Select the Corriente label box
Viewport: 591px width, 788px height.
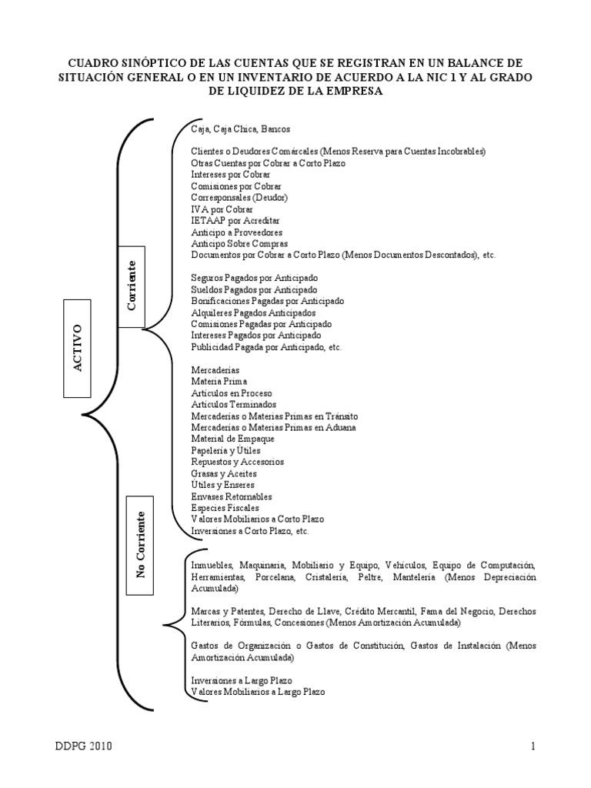click(131, 285)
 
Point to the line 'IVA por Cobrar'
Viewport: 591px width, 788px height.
click(222, 209)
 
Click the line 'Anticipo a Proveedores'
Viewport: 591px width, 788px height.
click(236, 232)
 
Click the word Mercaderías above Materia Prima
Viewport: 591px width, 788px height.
click(215, 369)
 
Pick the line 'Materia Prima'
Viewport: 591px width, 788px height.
click(219, 381)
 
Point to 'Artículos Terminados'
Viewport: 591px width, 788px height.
click(233, 404)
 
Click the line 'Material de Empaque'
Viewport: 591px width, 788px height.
click(233, 439)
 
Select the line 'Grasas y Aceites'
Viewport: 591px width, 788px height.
click(224, 473)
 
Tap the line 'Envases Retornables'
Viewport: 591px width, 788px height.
click(231, 496)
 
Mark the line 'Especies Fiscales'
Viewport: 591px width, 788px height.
click(225, 508)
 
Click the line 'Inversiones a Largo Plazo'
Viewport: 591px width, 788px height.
click(242, 680)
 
